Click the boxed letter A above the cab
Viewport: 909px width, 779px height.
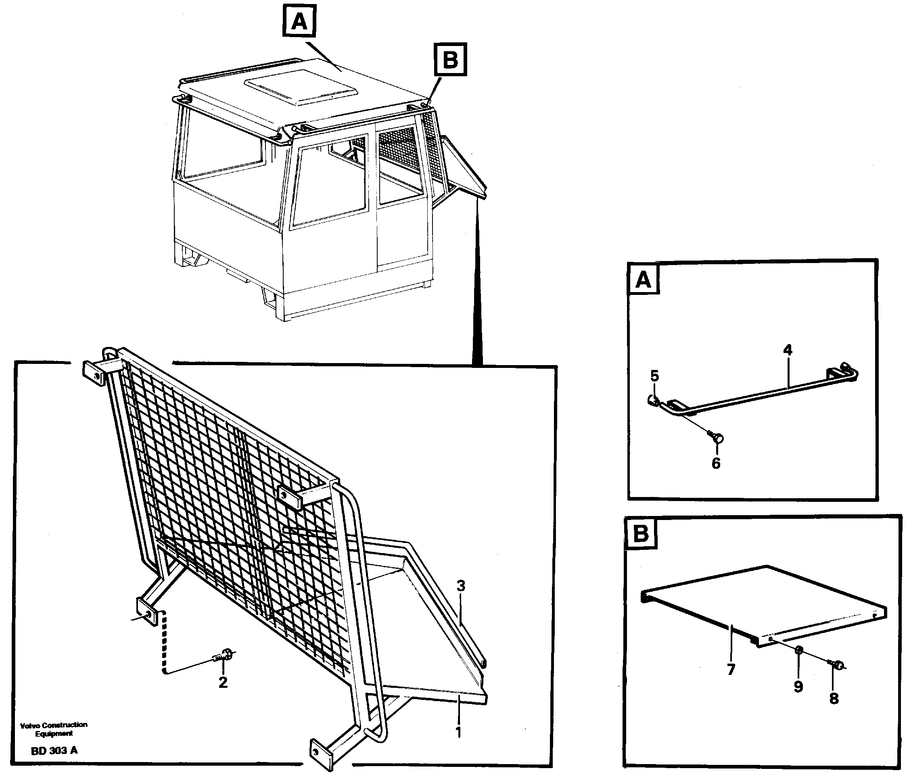point(299,21)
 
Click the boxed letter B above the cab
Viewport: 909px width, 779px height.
point(450,60)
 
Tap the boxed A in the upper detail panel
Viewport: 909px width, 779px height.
point(644,279)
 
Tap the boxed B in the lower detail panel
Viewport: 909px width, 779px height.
point(641,534)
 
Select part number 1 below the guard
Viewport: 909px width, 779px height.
point(458,732)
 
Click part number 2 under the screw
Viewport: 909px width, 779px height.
point(223,682)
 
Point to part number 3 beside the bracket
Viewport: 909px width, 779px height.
point(461,586)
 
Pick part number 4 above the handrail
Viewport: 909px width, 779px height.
point(788,350)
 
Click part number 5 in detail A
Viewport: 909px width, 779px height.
point(654,376)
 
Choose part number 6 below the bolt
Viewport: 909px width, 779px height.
point(716,463)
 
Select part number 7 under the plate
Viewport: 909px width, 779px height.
point(731,669)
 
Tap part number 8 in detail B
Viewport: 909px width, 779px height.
point(834,698)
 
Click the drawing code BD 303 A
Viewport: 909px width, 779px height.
point(54,750)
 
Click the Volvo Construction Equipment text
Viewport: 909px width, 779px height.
point(54,729)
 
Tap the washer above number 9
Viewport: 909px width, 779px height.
point(799,662)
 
